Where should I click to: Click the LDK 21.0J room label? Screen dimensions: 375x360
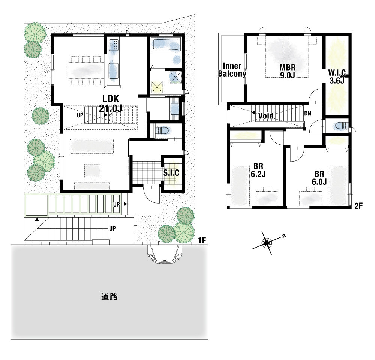pyautogui.click(x=111, y=103)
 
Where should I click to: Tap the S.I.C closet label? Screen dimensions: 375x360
pyautogui.click(x=171, y=173)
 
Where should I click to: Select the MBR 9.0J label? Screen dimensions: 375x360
pyautogui.click(x=288, y=71)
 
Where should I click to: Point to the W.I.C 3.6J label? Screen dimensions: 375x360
pyautogui.click(x=337, y=76)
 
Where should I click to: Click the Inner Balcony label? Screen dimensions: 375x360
pyautogui.click(x=232, y=70)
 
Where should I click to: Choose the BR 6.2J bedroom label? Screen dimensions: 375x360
pyautogui.click(x=258, y=170)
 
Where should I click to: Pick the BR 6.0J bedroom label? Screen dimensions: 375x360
pyautogui.click(x=319, y=178)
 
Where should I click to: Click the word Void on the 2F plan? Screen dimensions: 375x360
pyautogui.click(x=266, y=116)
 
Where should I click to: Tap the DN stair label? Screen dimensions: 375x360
pyautogui.click(x=308, y=114)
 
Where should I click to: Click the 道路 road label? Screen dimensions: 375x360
pyautogui.click(x=109, y=297)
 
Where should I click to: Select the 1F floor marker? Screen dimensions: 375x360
pyautogui.click(x=202, y=240)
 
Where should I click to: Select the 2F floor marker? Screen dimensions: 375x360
pyautogui.click(x=358, y=206)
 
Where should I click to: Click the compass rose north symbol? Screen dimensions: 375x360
pyautogui.click(x=267, y=243)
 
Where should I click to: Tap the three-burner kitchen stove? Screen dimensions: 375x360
pyautogui.click(x=114, y=45)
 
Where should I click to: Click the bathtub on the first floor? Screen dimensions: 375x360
pyautogui.click(x=166, y=45)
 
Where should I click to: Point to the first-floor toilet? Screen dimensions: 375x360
pyautogui.click(x=162, y=130)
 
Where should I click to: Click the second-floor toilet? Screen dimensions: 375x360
pyautogui.click(x=340, y=126)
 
